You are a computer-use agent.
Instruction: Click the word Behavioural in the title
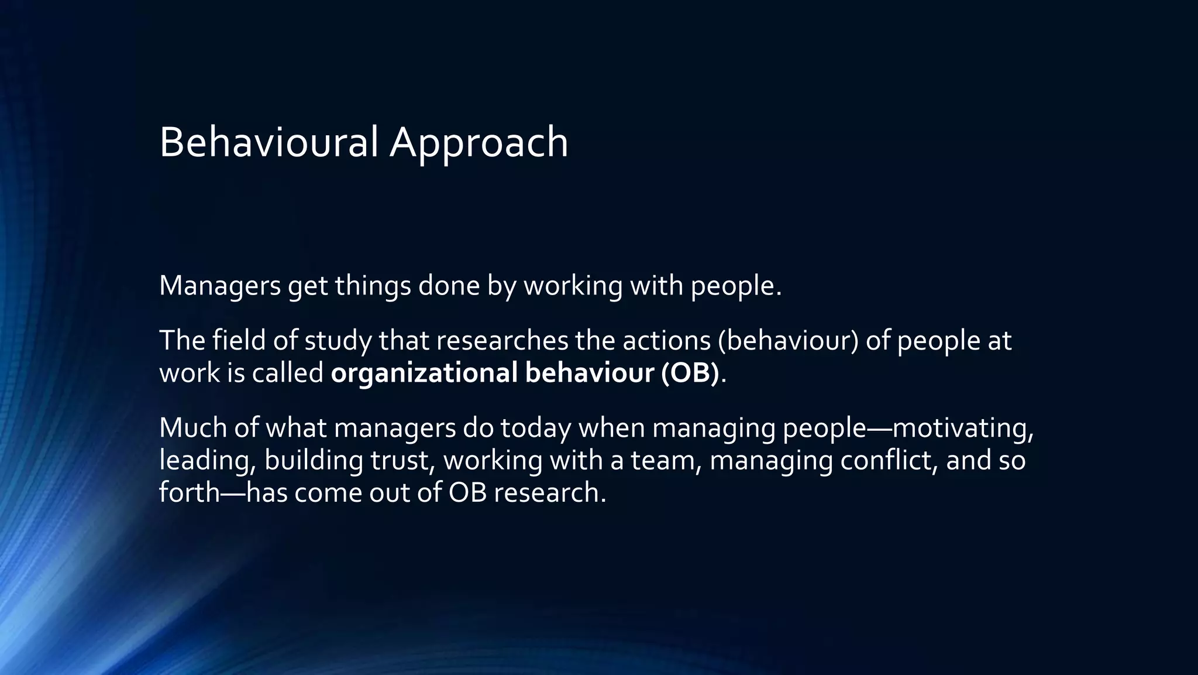[268, 142]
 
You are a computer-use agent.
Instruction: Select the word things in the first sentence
[373, 286]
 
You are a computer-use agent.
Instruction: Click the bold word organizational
[424, 374]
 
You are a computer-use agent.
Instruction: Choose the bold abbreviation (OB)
[690, 374]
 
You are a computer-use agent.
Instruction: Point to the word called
[288, 373]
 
